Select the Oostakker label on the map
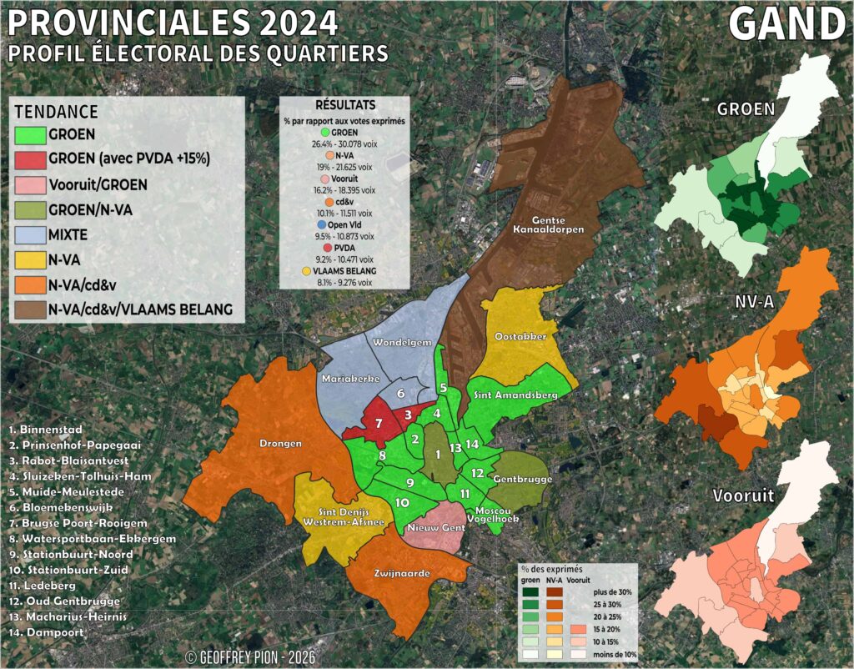click(x=520, y=335)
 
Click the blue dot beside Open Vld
click(x=321, y=225)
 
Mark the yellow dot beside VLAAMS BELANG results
click(x=309, y=271)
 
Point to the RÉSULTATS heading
click(x=344, y=106)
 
